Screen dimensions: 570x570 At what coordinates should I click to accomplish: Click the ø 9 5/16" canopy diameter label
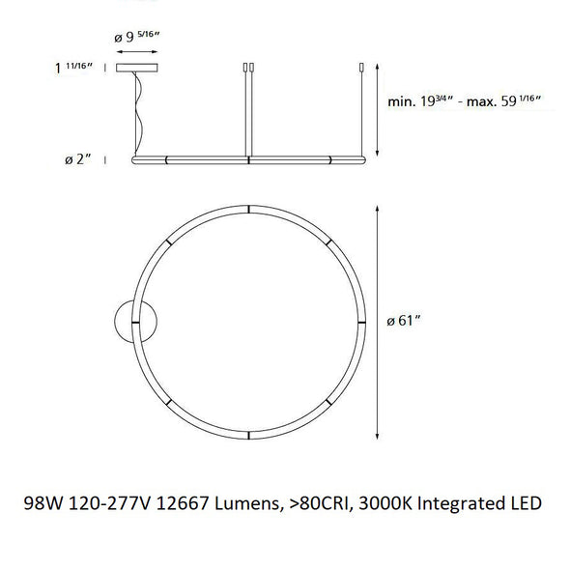click(x=137, y=37)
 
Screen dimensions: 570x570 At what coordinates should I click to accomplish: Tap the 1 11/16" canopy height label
click(x=73, y=68)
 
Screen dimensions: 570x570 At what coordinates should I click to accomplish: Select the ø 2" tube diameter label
click(x=78, y=159)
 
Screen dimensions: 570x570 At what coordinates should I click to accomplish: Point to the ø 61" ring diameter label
click(x=404, y=321)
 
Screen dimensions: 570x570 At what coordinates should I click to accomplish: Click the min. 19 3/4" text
click(x=420, y=101)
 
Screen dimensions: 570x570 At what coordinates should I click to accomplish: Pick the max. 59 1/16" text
click(x=504, y=101)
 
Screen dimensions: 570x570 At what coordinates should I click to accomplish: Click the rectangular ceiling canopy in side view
click(x=136, y=68)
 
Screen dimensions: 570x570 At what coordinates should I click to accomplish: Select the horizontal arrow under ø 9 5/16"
click(x=136, y=52)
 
